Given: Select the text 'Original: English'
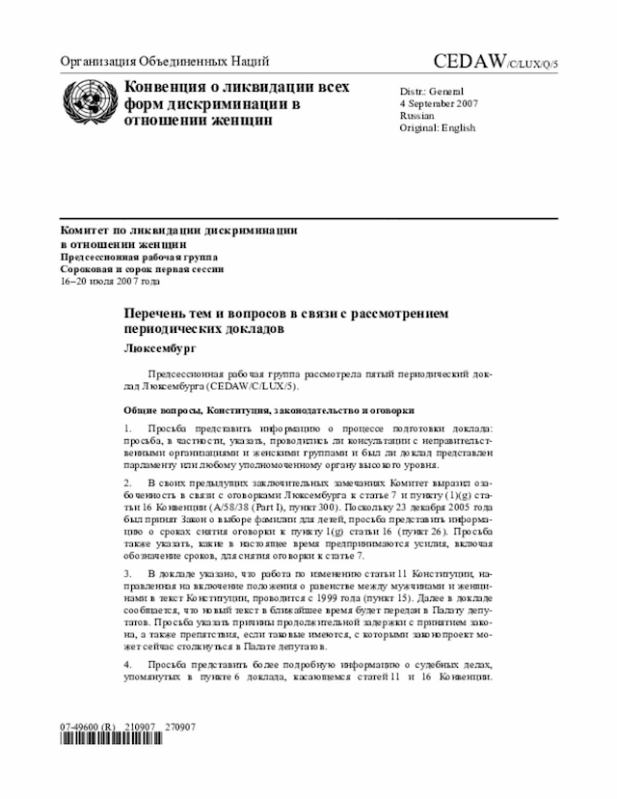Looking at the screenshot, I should (438, 127).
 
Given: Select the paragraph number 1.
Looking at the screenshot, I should (127, 427).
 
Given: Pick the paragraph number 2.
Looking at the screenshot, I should (127, 481).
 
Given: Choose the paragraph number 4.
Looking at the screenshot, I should (127, 666).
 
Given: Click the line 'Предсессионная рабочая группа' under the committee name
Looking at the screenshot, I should (140, 257).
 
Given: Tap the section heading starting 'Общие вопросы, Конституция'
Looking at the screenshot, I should (259, 409).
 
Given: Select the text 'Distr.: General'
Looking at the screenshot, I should (432, 90).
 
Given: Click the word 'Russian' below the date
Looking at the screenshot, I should (417, 115).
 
